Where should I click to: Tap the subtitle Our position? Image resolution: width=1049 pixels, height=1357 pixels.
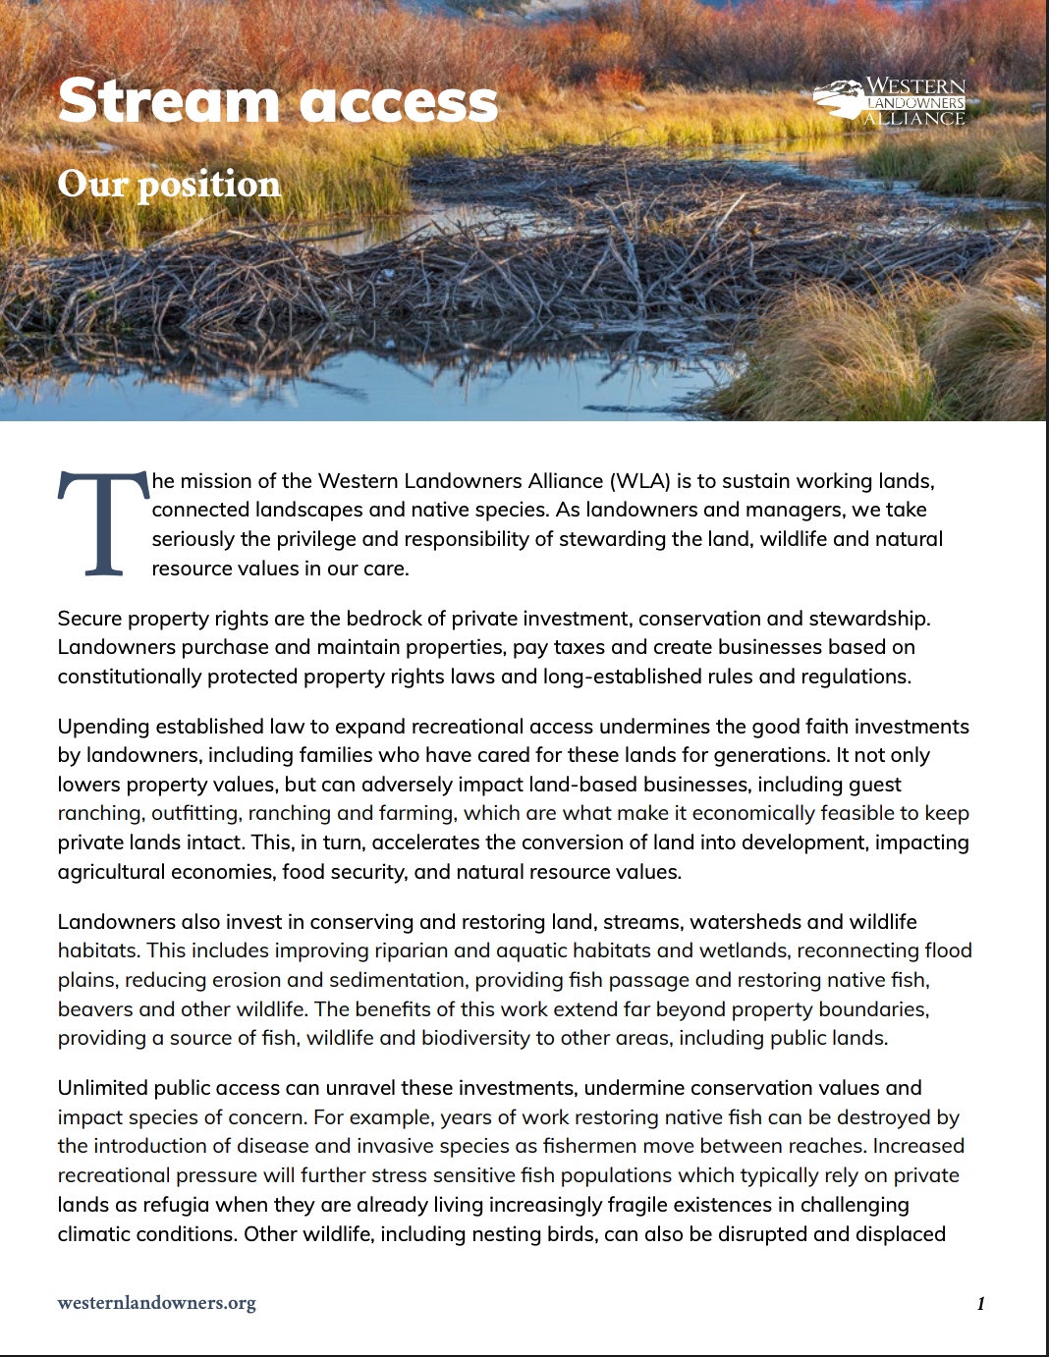coord(169,184)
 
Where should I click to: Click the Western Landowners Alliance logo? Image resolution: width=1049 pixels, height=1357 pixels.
coord(890,102)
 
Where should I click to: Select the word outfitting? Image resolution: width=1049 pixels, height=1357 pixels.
coord(194,813)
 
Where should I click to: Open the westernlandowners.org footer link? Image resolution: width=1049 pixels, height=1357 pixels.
coord(157,1303)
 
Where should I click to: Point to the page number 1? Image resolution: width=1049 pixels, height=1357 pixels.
coord(980,1304)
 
